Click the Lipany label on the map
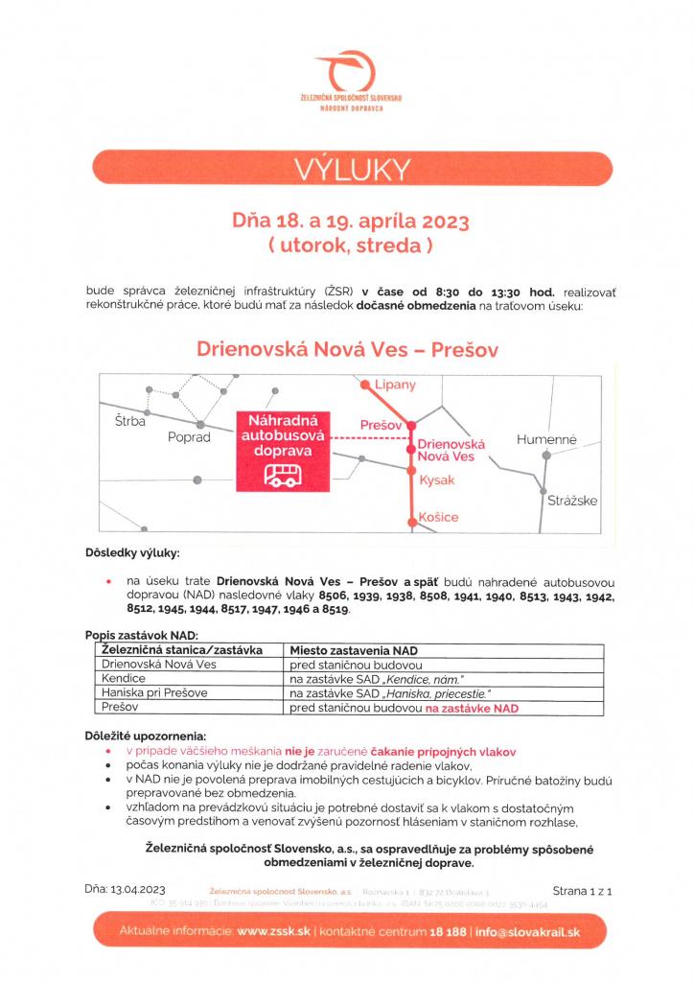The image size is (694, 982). point(396,385)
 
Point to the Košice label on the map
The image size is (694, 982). point(438,517)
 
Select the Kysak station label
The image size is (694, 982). point(436,480)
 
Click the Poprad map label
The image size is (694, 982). point(188,437)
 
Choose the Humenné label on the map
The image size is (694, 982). point(546,439)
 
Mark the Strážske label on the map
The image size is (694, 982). point(572,501)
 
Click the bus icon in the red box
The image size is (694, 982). point(281,474)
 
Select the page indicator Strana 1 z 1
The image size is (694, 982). point(581,890)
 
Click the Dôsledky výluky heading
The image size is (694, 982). point(132,553)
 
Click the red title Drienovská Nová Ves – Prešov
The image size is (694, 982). point(347,349)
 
